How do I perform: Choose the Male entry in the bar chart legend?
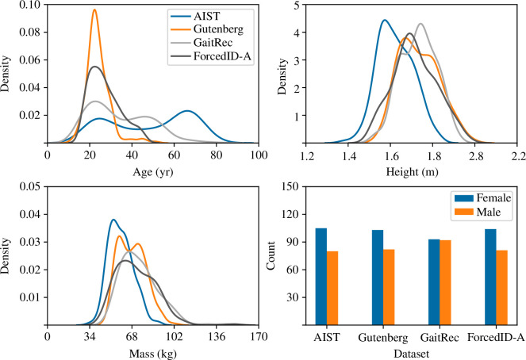click(479, 213)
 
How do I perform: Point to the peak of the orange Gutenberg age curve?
click(94, 11)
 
